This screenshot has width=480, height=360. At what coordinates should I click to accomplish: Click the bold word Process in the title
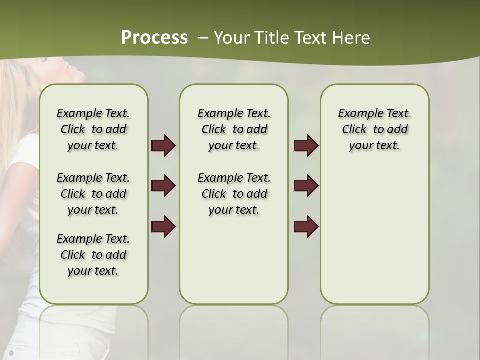click(x=154, y=38)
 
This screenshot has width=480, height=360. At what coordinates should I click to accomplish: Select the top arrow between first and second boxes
click(x=163, y=145)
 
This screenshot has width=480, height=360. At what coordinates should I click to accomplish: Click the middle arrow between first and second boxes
click(x=163, y=186)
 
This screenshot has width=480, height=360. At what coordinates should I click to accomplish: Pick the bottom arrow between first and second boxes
click(x=163, y=226)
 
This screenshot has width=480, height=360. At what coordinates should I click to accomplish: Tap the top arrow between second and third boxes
click(x=306, y=145)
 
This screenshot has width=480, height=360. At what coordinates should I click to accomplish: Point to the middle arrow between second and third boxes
click(x=306, y=186)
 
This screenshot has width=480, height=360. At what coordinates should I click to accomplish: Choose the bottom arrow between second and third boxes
click(x=306, y=226)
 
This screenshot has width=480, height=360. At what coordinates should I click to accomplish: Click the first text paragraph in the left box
click(x=93, y=129)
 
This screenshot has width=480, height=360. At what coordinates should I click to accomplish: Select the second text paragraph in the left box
click(x=93, y=194)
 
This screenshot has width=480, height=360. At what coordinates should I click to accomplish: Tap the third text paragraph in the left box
click(x=93, y=255)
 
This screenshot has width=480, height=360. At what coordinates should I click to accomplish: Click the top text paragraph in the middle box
click(x=234, y=129)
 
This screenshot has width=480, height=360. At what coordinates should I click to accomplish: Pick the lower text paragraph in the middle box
click(x=234, y=194)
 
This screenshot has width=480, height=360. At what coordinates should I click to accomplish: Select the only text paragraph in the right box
click(x=374, y=129)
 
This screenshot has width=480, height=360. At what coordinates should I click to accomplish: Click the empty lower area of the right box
click(x=374, y=240)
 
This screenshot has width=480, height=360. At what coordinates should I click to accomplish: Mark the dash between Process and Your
click(x=203, y=38)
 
